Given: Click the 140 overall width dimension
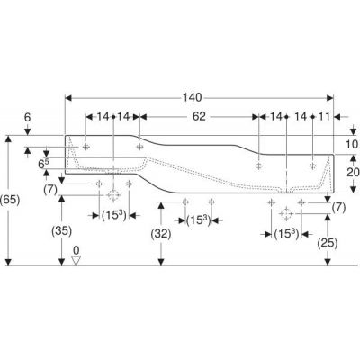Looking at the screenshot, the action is tap(193, 98).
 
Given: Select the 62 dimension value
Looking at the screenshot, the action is tap(199, 116).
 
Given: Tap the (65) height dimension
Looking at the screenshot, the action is tap(11, 200).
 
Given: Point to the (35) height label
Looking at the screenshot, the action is tap(62, 231).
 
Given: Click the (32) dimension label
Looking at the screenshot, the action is tap(161, 234).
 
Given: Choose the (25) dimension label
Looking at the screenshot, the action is tap(328, 243).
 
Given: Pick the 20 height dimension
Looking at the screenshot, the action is tap(353, 172).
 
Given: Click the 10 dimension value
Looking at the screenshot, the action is tap(352, 144).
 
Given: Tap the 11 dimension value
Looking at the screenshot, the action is tap(324, 116).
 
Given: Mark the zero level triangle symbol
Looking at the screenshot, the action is tap(76, 260).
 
